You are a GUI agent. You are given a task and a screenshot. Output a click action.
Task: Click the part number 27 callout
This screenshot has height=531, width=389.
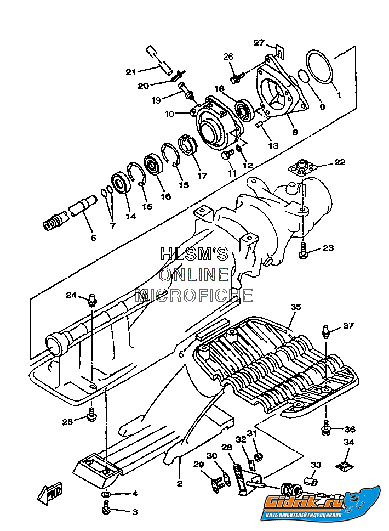pyautogui.click(x=259, y=43)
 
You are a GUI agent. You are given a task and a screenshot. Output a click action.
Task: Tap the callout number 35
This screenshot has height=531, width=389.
pyautogui.click(x=296, y=308)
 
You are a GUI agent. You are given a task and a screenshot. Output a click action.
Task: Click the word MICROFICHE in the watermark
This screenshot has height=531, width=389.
pyautogui.click(x=195, y=295)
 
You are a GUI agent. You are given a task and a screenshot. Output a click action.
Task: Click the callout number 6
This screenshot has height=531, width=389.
pyautogui.click(x=93, y=238)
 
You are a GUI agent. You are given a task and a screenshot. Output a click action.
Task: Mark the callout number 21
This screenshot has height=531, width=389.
pyautogui.click(x=130, y=72)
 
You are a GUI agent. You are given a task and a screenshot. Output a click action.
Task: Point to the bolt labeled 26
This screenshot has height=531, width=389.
pyautogui.click(x=236, y=78)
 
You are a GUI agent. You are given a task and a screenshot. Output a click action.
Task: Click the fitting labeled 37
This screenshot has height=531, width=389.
pyautogui.click(x=326, y=331)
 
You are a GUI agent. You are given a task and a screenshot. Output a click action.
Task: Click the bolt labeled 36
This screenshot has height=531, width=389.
pyautogui.click(x=326, y=426)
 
